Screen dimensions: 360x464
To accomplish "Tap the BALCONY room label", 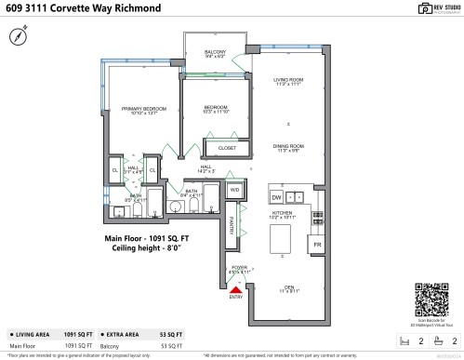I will click(214, 52).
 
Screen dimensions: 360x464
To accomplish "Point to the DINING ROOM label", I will click(289, 146).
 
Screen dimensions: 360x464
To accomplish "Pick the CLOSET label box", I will click(226, 147).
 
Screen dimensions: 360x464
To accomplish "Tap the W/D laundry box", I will click(234, 190).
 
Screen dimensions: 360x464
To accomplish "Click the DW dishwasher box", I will click(276, 197).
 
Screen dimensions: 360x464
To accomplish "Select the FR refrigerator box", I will click(317, 244).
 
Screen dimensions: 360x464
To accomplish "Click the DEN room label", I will click(288, 287).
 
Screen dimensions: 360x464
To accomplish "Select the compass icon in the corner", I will click(18, 36).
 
